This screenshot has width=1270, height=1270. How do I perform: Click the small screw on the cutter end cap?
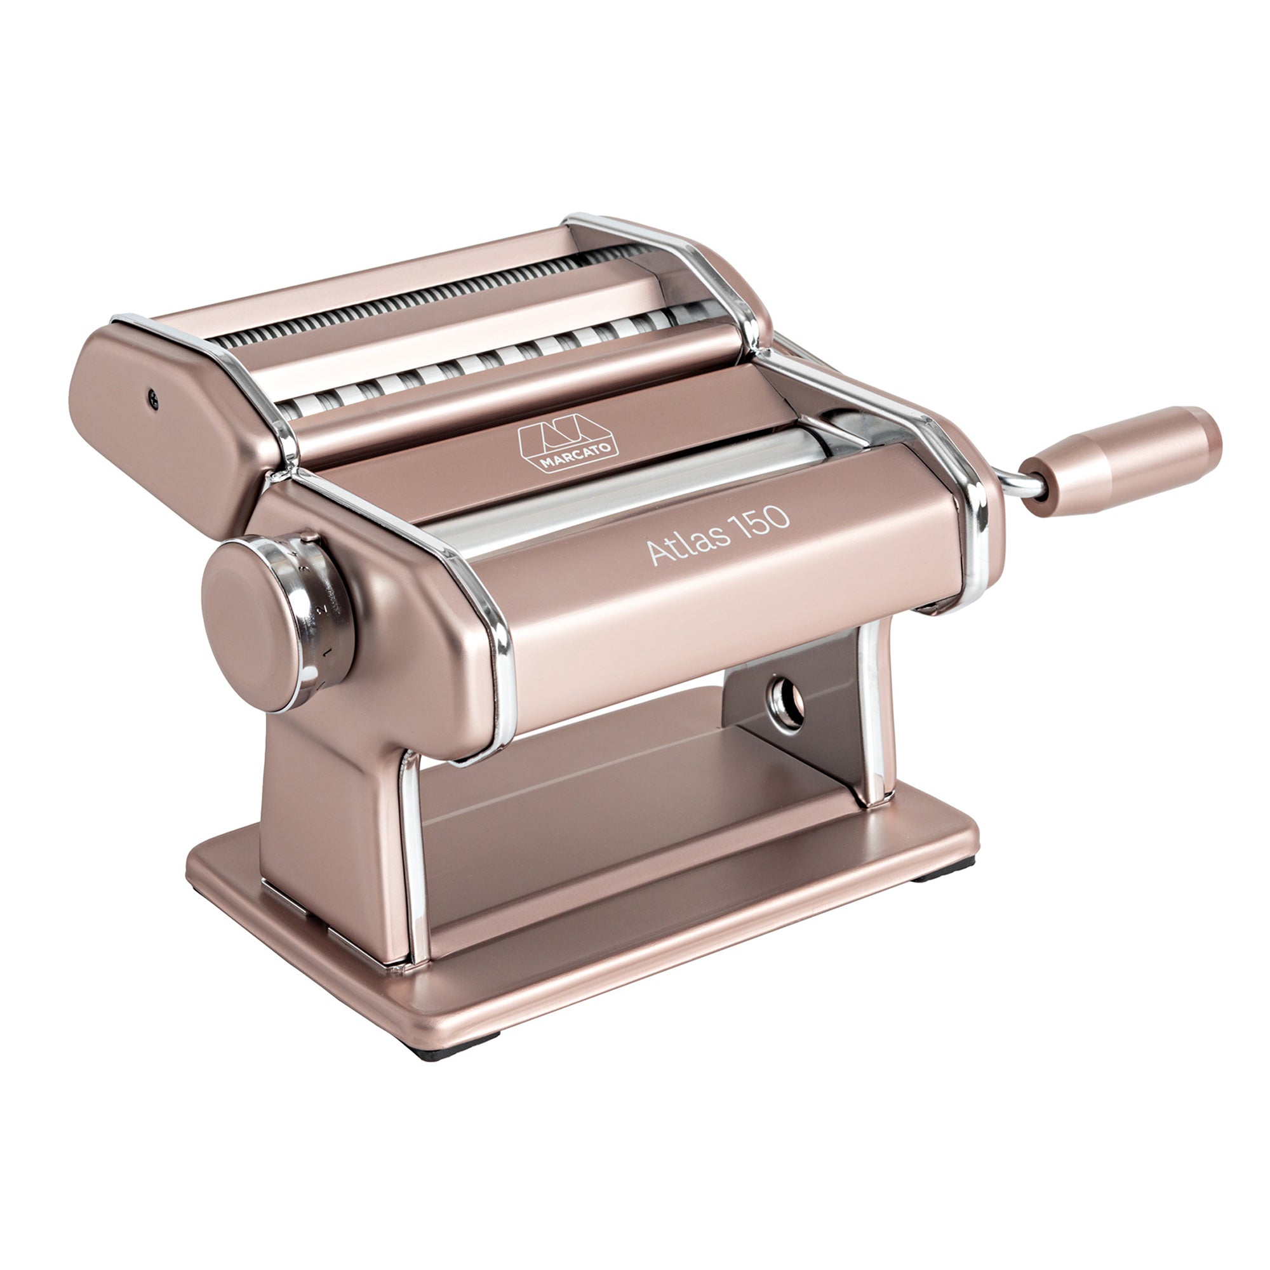tap(153, 398)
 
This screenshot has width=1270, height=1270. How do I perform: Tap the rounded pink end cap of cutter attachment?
tap(164, 421)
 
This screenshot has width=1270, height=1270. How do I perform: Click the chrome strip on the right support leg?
tap(878, 723)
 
